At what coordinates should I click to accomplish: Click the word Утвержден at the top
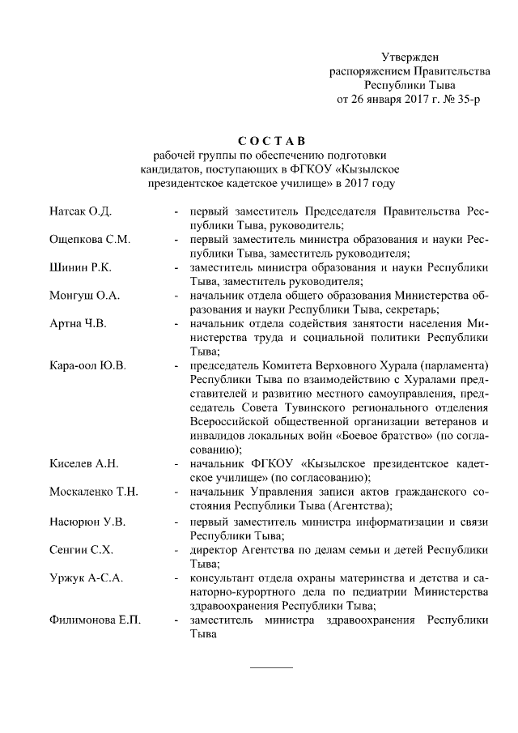point(410,57)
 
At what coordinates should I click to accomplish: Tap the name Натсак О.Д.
point(80,211)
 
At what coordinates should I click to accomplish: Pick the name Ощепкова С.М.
point(90,240)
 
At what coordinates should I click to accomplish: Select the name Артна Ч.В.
point(78,324)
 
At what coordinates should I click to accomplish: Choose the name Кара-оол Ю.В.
point(87,366)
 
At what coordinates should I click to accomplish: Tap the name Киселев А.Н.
point(84,464)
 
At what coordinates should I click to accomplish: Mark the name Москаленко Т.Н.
point(93,492)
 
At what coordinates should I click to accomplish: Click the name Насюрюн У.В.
point(87,521)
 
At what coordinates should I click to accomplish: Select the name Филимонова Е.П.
point(94,620)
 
